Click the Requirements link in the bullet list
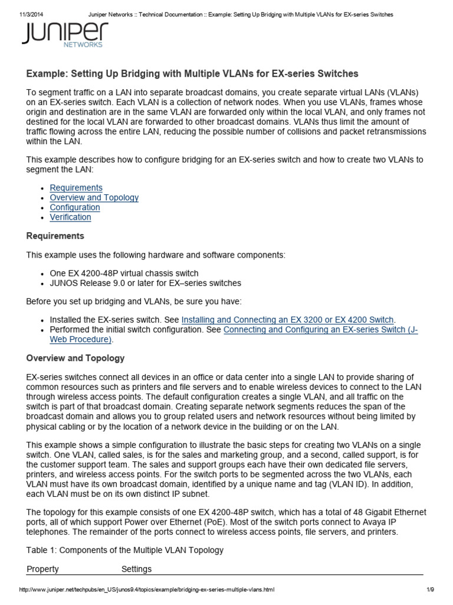click(x=76, y=188)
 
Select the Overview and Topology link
click(x=94, y=198)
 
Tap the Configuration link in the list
click(x=75, y=207)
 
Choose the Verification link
click(x=70, y=217)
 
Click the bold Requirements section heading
click(x=55, y=236)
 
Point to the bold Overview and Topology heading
click(x=75, y=358)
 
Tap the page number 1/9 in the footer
click(x=430, y=590)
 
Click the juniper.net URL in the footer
click(x=147, y=590)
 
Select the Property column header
click(x=42, y=569)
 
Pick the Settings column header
click(x=136, y=569)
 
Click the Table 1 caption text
click(x=125, y=550)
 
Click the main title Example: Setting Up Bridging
click(x=192, y=74)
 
